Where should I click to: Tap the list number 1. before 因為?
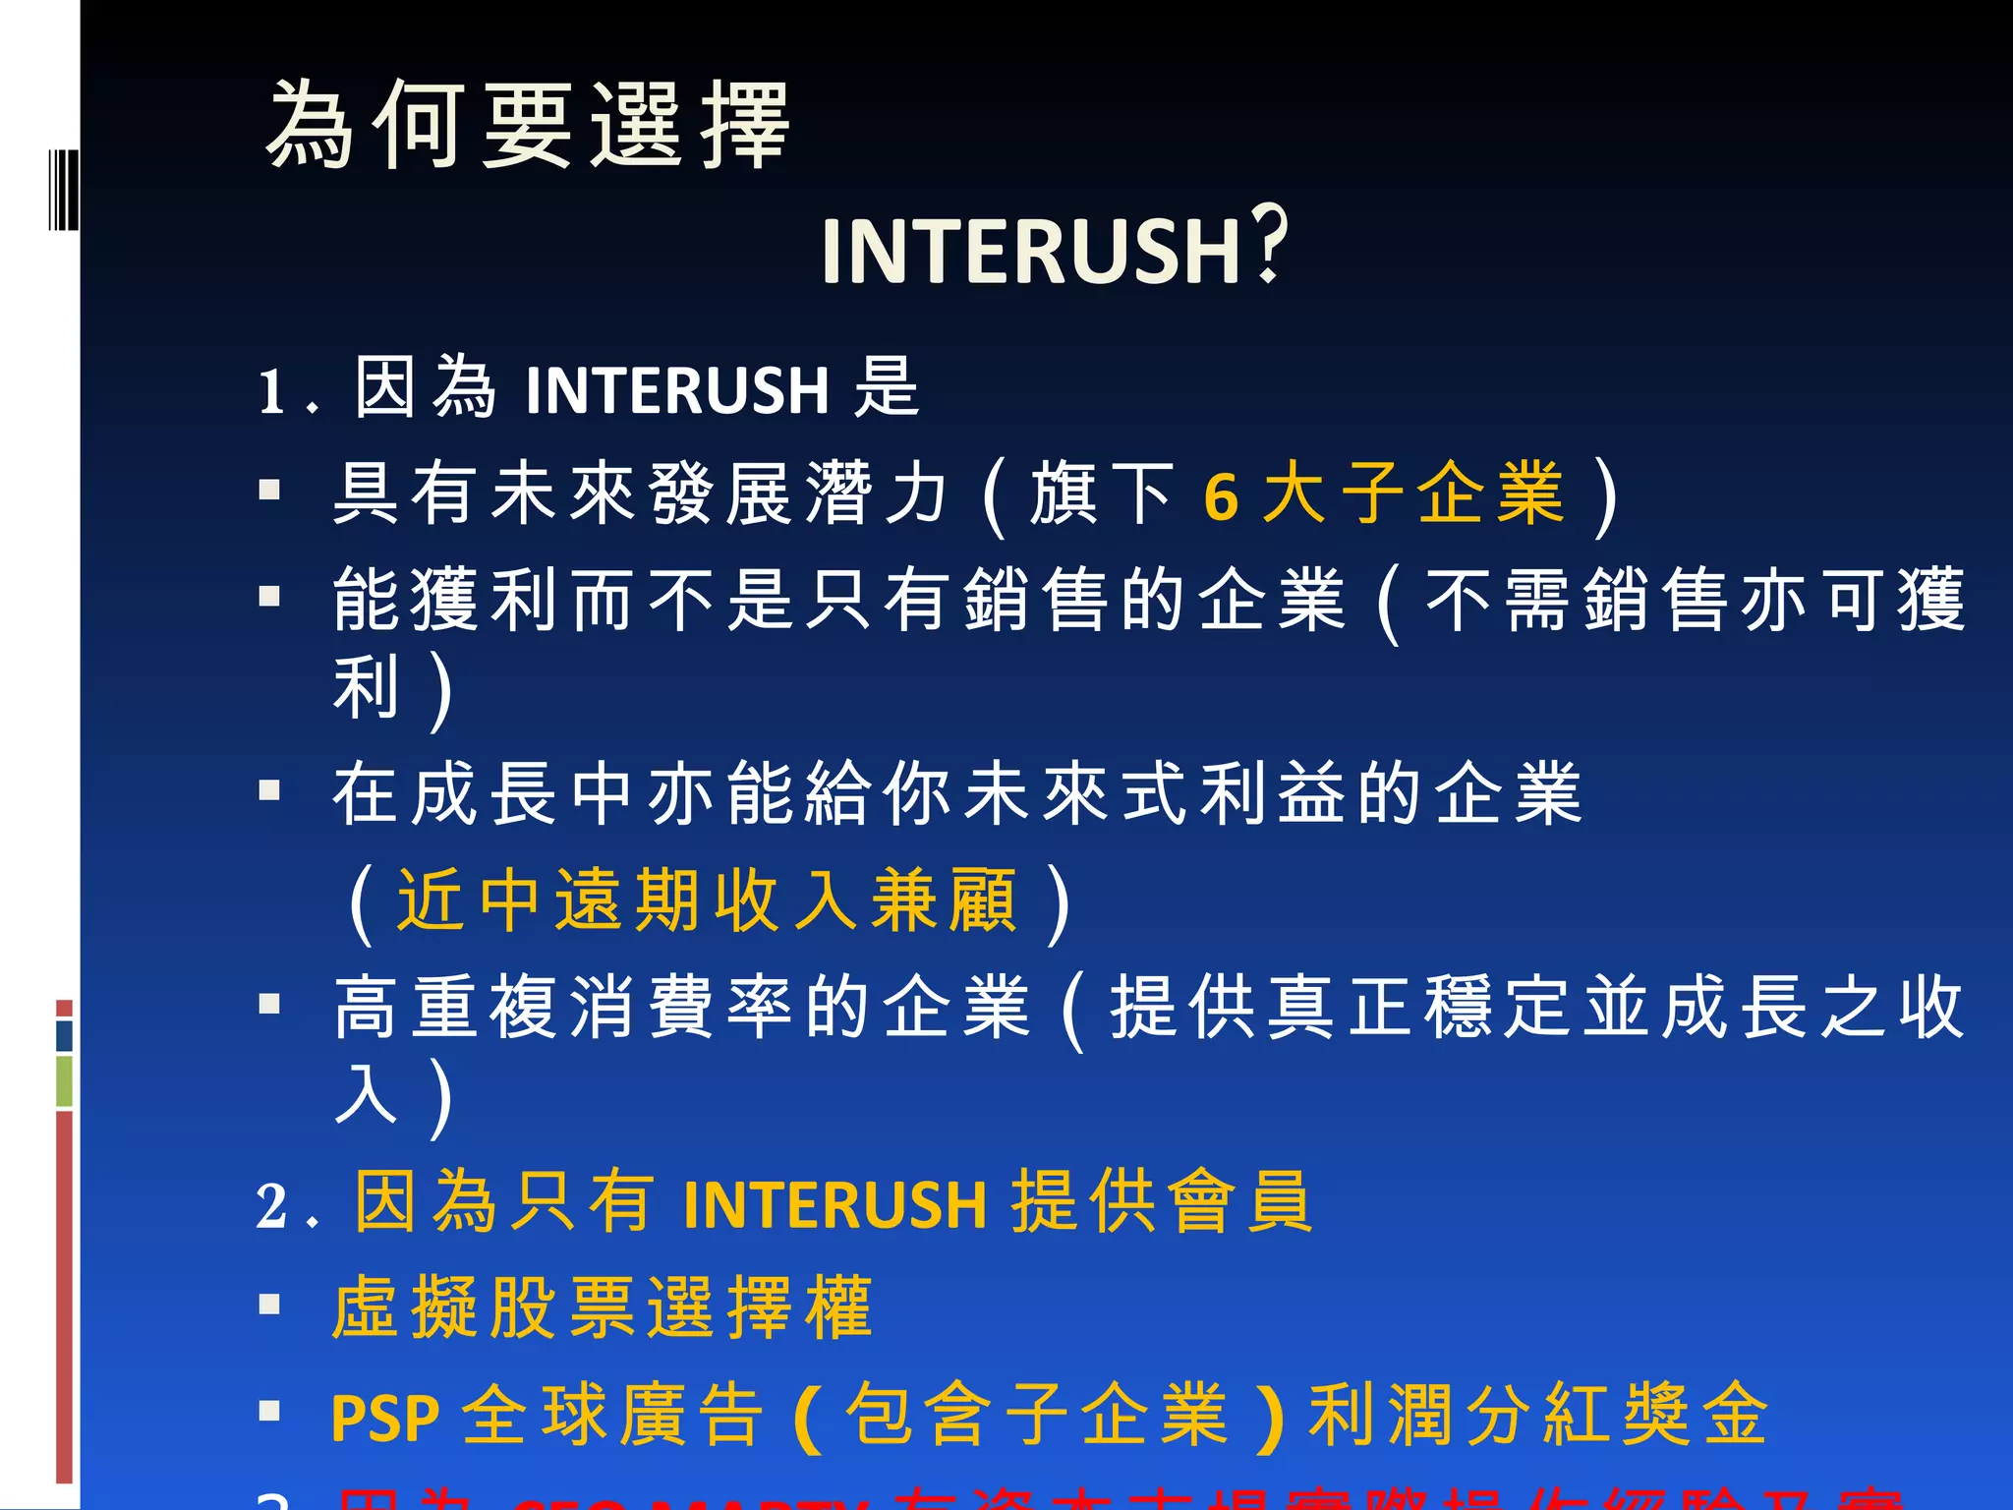point(286,392)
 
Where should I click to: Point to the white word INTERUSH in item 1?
point(677,390)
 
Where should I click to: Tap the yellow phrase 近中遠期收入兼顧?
point(707,900)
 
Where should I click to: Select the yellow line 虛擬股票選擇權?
point(603,1308)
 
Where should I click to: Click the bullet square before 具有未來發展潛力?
point(269,490)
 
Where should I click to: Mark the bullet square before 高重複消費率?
point(269,1004)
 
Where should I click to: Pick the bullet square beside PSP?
point(269,1412)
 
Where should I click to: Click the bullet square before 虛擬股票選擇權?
point(269,1305)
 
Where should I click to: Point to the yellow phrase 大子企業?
point(1413,494)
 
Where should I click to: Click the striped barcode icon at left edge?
point(63,190)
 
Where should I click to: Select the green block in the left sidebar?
point(64,1081)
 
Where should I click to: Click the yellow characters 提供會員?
point(1162,1202)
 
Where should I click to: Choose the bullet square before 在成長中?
point(269,790)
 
